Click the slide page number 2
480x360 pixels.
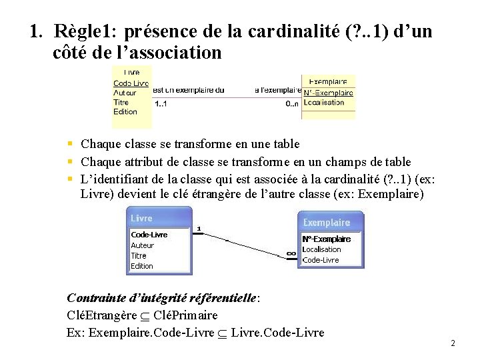(453, 343)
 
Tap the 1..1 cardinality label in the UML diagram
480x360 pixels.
(161, 104)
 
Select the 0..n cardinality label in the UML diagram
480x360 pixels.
(292, 103)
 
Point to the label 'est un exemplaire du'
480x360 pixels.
(188, 90)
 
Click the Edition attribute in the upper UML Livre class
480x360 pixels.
(125, 111)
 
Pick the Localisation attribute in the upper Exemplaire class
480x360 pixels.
(324, 103)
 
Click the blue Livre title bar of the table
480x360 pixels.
(159, 218)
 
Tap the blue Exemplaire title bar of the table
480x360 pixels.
(331, 222)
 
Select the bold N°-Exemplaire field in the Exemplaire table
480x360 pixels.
(326, 239)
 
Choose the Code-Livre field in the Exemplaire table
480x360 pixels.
(321, 260)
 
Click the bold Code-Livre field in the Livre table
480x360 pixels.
(149, 235)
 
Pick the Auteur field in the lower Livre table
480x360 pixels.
(142, 245)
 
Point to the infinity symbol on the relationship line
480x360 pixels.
(291, 253)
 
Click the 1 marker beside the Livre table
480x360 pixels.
(198, 229)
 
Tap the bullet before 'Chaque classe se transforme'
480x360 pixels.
(70, 143)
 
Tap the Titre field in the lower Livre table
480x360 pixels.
(139, 255)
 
